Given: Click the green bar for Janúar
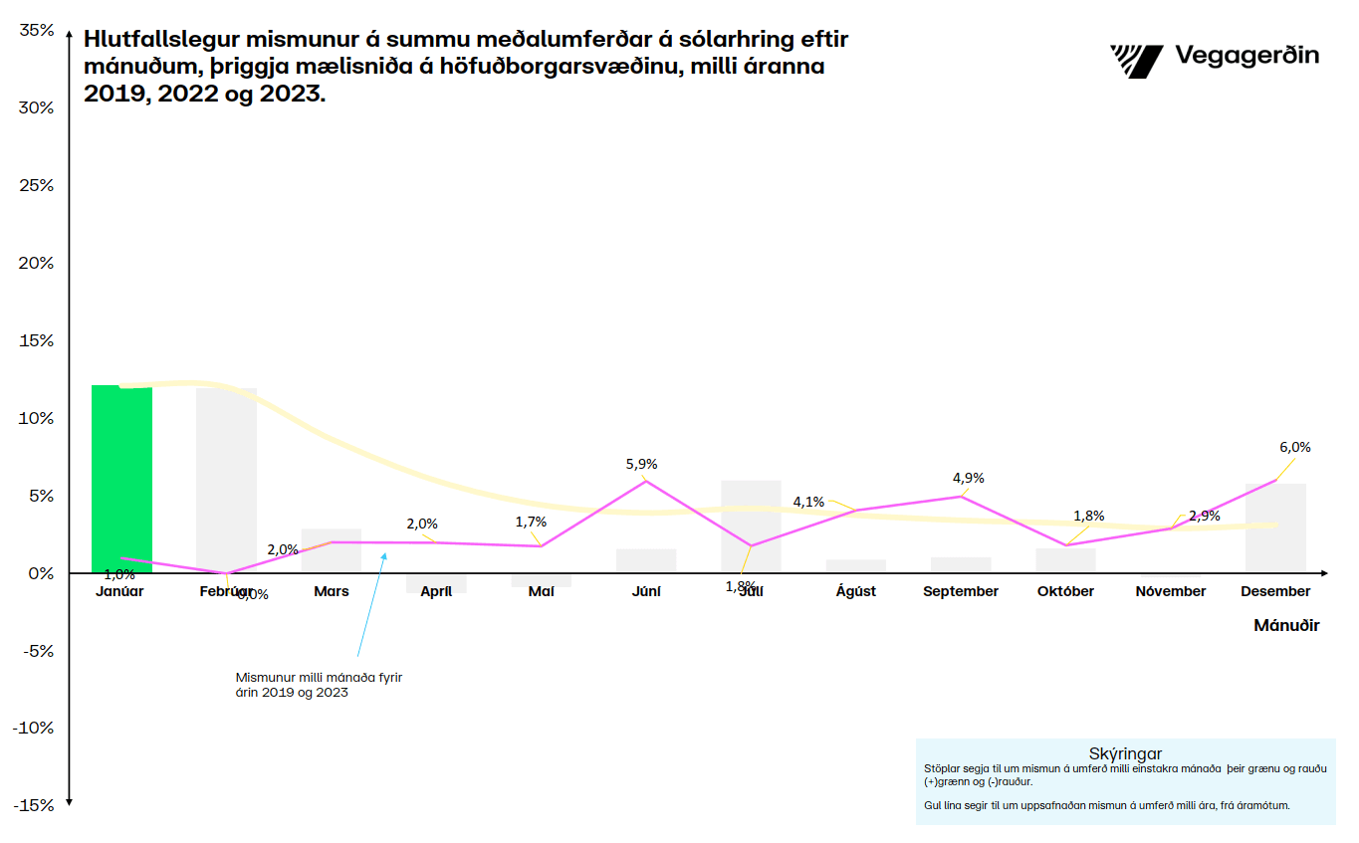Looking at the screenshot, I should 121,478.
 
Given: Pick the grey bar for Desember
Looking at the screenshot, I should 1275,527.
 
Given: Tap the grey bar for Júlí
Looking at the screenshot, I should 751,527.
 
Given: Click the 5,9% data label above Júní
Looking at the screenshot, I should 640,464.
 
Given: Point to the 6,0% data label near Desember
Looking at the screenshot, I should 1294,447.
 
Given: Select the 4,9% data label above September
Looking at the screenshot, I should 968,478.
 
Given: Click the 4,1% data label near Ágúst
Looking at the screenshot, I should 808,502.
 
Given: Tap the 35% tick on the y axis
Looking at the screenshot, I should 37,31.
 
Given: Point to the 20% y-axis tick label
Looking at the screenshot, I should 37,263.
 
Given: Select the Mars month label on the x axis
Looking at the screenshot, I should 332,591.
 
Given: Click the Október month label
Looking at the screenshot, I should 1065,591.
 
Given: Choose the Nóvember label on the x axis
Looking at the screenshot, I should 1171,591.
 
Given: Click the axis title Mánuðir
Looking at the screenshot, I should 1286,626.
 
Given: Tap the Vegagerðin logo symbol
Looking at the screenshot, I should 1136,61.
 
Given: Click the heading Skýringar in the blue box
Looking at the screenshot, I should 1126,753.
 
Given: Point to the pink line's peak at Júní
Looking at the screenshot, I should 646,482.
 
